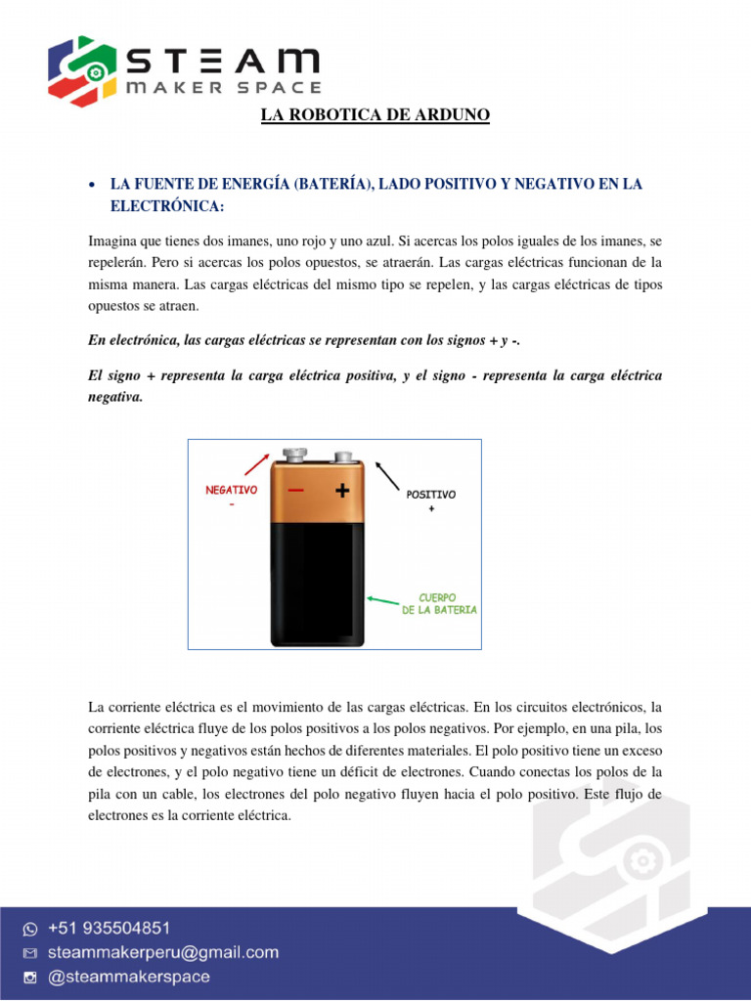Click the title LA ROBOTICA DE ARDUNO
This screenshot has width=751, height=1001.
pyautogui.click(x=375, y=116)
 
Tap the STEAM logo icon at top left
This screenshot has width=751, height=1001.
pyautogui.click(x=82, y=70)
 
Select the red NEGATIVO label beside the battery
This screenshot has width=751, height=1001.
pyautogui.click(x=231, y=490)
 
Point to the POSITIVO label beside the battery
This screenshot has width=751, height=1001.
pyautogui.click(x=431, y=496)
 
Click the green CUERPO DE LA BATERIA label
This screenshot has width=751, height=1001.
pyautogui.click(x=439, y=603)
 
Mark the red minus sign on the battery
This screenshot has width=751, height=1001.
pyautogui.click(x=296, y=491)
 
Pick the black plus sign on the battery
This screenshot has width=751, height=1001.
pyautogui.click(x=342, y=492)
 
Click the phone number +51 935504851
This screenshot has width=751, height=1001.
pyautogui.click(x=105, y=928)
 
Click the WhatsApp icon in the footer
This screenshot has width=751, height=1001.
pyautogui.click(x=30, y=929)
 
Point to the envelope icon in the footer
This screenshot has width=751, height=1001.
pyautogui.click(x=30, y=953)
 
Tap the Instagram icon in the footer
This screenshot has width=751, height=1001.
pyautogui.click(x=30, y=978)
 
